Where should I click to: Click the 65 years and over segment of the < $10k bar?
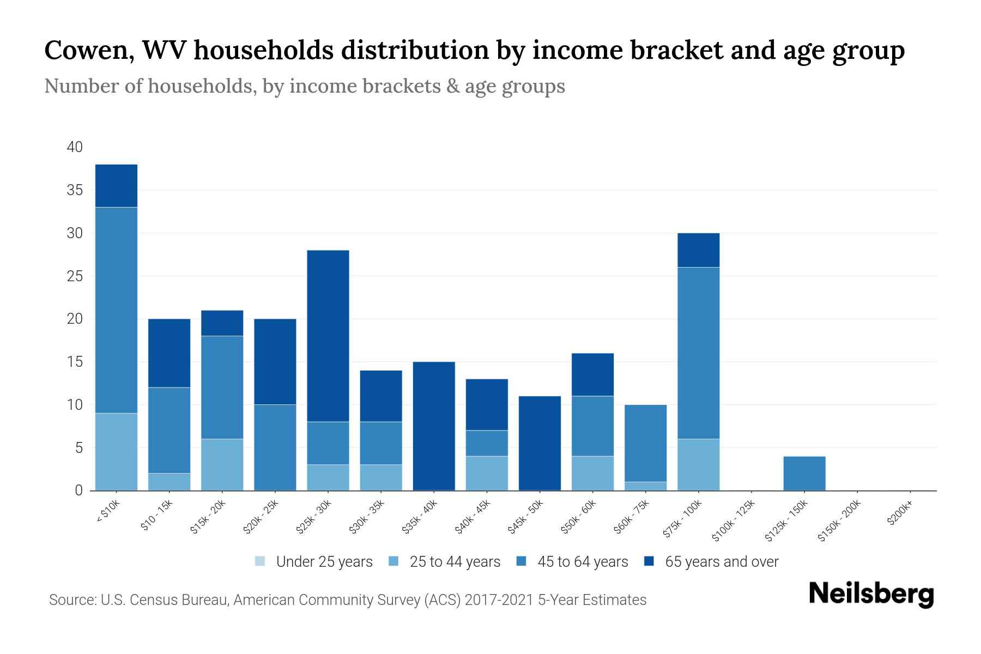pyautogui.click(x=116, y=186)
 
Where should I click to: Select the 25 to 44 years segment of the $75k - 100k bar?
pyautogui.click(x=698, y=465)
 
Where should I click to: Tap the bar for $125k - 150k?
pyautogui.click(x=804, y=473)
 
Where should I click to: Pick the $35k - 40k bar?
pyautogui.click(x=434, y=426)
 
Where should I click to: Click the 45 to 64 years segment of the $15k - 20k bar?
pyautogui.click(x=222, y=387)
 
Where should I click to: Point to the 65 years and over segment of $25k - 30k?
pyautogui.click(x=328, y=336)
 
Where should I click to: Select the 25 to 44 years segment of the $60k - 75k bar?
pyautogui.click(x=645, y=486)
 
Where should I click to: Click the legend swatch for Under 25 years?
pyautogui.click(x=260, y=561)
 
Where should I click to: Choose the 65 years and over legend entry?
pyautogui.click(x=722, y=562)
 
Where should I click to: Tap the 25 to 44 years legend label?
pyautogui.click(x=455, y=562)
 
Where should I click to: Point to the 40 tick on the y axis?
pyautogui.click(x=75, y=147)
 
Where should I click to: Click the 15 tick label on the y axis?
pyautogui.click(x=75, y=362)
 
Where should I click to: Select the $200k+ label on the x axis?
pyautogui.click(x=900, y=514)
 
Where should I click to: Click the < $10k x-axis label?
pyautogui.click(x=108, y=512)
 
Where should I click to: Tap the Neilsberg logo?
pyautogui.click(x=871, y=594)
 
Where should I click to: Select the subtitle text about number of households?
pyautogui.click(x=304, y=86)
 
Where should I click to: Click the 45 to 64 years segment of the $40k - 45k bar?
pyautogui.click(x=487, y=443)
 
